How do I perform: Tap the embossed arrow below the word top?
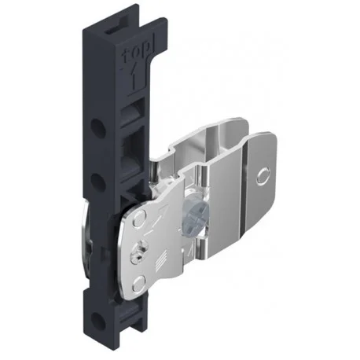tap(134, 78)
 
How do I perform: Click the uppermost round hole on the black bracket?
tap(98, 127)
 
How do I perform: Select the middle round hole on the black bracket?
tap(97, 181)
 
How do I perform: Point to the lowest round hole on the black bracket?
tap(97, 320)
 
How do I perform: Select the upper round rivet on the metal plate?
tap(139, 219)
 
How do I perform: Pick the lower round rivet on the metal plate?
tap(139, 284)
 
